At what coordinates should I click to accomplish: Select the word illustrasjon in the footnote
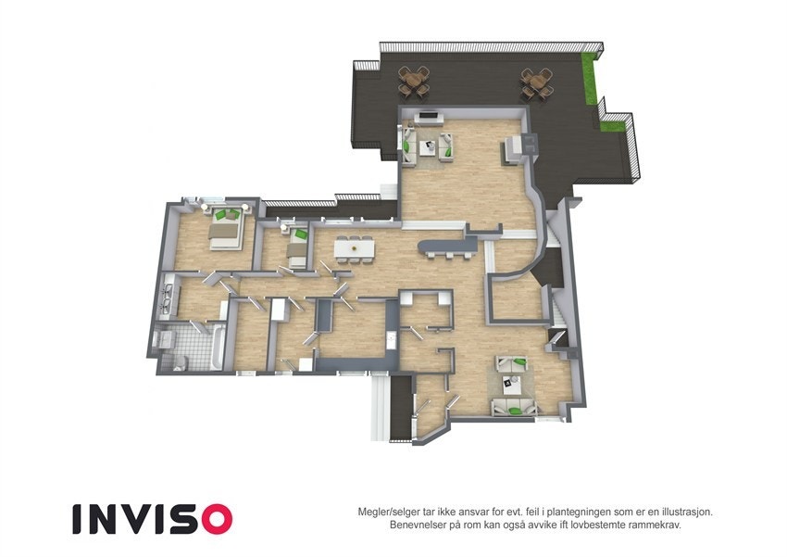point(682,512)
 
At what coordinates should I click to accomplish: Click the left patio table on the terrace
point(414,82)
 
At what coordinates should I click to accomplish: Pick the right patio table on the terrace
point(534,83)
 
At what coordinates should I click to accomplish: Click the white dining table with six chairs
point(355,247)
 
